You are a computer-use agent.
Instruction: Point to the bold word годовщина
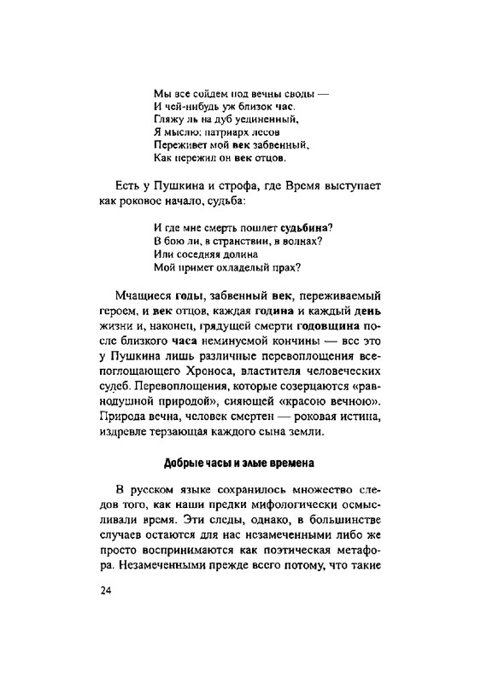click(x=327, y=327)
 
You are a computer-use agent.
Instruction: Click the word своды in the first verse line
click(x=283, y=91)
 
